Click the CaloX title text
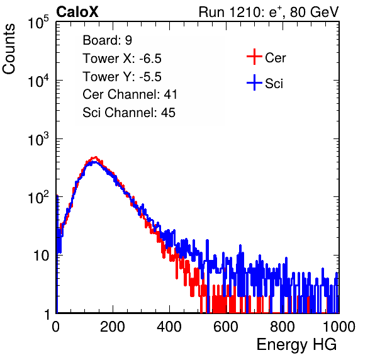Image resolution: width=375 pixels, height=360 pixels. (x=77, y=12)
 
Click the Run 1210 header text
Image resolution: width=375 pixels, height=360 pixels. (x=269, y=12)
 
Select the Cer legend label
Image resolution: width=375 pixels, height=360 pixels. (x=275, y=58)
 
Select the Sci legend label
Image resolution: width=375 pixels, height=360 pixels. (x=274, y=84)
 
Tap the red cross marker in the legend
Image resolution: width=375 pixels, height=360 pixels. (x=254, y=57)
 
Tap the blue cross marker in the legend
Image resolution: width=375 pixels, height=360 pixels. (x=254, y=82)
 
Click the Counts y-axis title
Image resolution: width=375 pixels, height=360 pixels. (x=9, y=49)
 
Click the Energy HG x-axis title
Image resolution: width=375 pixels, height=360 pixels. (x=296, y=344)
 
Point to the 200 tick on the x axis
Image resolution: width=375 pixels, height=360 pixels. (x=113, y=327)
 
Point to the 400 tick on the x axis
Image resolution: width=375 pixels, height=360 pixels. (x=169, y=327)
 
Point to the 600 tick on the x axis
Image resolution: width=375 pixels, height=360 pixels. (x=226, y=327)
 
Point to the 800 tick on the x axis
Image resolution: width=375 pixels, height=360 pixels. (x=283, y=327)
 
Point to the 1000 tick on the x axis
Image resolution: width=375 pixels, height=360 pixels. (x=339, y=327)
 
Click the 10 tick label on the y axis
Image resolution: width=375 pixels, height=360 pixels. (x=42, y=256)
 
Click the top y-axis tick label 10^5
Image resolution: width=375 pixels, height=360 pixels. (x=38, y=23)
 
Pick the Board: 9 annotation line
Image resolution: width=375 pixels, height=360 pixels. (x=107, y=40)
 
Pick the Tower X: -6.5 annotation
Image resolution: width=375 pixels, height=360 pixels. (x=122, y=59)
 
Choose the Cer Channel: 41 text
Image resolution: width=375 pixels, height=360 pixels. (x=130, y=94)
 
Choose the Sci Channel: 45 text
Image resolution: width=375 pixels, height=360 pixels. (x=129, y=113)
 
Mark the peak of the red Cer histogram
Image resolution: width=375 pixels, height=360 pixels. (x=96, y=157)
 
